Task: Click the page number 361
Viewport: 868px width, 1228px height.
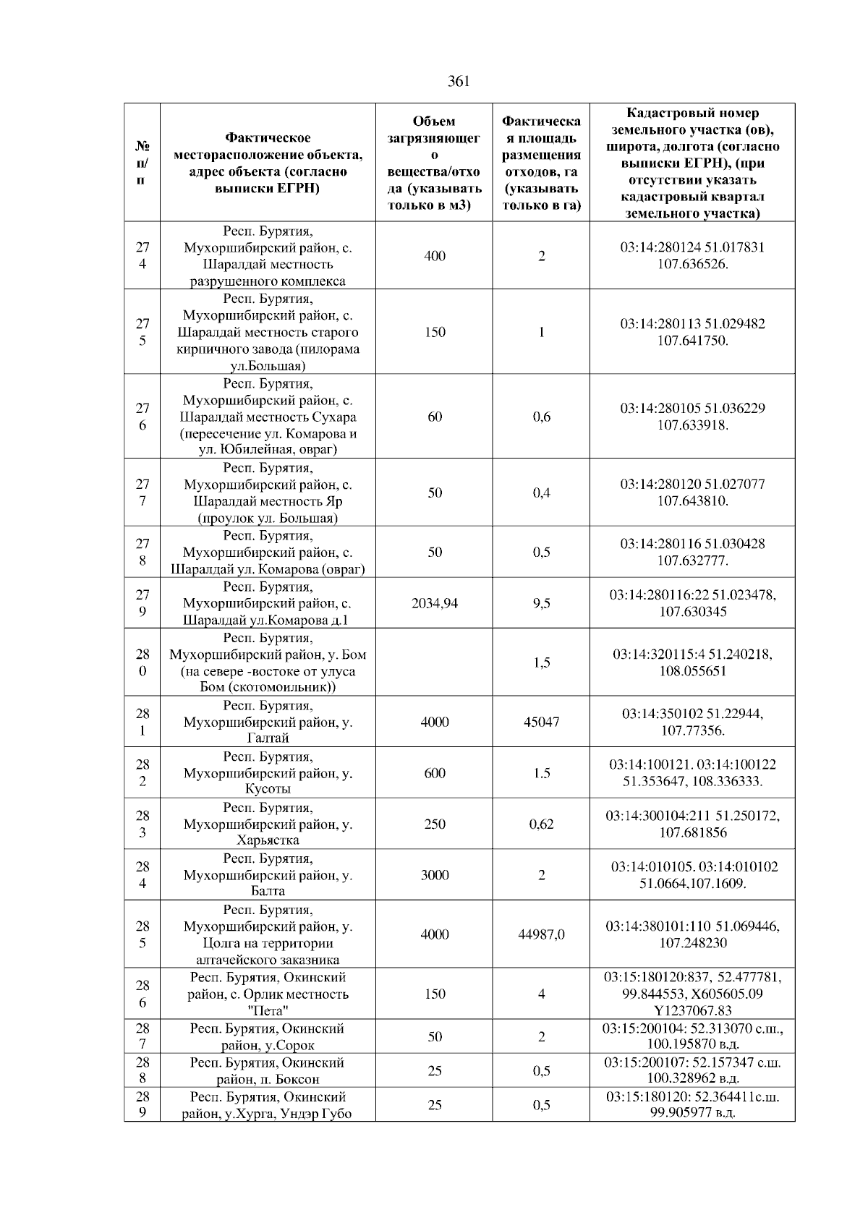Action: [x=459, y=81]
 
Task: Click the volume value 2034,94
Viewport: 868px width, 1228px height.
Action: [x=434, y=603]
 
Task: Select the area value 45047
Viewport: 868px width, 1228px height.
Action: [x=541, y=722]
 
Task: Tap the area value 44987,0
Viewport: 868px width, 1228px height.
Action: [x=541, y=934]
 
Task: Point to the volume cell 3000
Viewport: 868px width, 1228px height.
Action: [x=434, y=875]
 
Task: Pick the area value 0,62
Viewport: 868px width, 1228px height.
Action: [x=541, y=824]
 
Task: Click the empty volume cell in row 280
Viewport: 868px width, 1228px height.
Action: [x=434, y=662]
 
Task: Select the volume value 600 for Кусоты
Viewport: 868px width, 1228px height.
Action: [x=434, y=773]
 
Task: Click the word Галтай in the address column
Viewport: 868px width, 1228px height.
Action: [x=268, y=738]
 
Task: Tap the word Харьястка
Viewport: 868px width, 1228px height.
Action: [x=268, y=840]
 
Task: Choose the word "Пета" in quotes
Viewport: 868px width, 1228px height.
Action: [x=268, y=1011]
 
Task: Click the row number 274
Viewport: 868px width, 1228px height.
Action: [x=142, y=255]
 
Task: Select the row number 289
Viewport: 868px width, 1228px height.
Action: [x=142, y=1105]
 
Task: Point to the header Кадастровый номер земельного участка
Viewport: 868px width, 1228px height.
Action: [x=692, y=163]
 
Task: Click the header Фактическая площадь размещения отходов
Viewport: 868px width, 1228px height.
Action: [x=541, y=163]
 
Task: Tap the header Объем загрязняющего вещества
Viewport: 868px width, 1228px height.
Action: [x=434, y=163]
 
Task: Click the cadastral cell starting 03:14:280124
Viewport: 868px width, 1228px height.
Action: [x=692, y=255]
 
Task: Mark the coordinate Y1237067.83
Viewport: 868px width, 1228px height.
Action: [x=692, y=1011]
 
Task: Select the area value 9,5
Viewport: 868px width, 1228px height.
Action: [x=541, y=603]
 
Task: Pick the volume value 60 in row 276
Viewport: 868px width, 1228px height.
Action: [x=434, y=417]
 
